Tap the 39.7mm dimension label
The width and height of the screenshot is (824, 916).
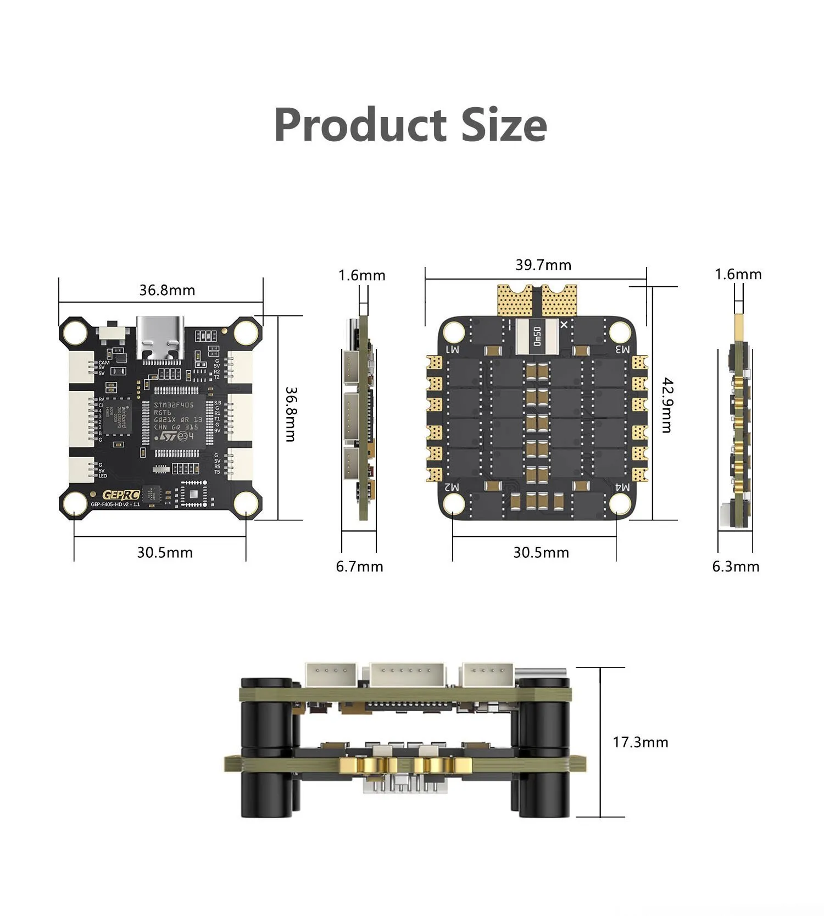pyautogui.click(x=543, y=265)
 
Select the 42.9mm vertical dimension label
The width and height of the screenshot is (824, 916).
pyautogui.click(x=667, y=405)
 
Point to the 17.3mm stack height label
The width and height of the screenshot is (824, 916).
pyautogui.click(x=640, y=742)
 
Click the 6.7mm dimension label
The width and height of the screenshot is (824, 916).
pyautogui.click(x=359, y=567)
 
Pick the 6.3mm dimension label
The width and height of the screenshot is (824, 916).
pyautogui.click(x=736, y=567)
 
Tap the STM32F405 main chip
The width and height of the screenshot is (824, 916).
pyautogui.click(x=177, y=420)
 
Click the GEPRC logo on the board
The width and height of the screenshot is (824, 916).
pyautogui.click(x=121, y=495)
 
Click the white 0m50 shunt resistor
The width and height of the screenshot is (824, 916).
pyautogui.click(x=537, y=336)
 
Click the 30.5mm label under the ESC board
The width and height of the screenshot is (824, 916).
pyautogui.click(x=541, y=552)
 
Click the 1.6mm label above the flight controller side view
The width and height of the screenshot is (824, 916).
pyautogui.click(x=361, y=275)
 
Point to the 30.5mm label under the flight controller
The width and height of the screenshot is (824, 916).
pyautogui.click(x=165, y=552)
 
